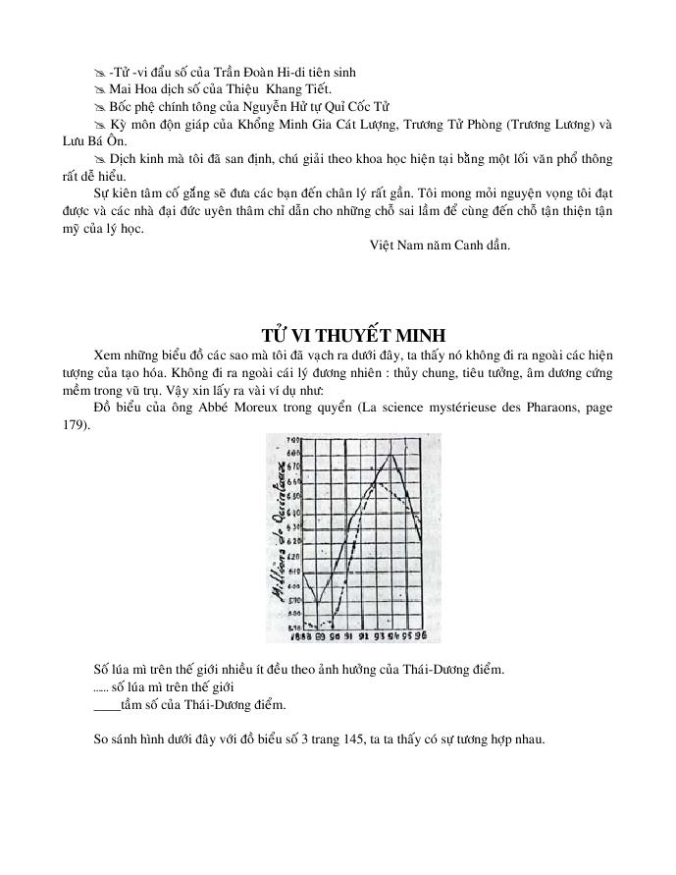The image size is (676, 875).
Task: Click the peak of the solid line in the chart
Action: [392, 453]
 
